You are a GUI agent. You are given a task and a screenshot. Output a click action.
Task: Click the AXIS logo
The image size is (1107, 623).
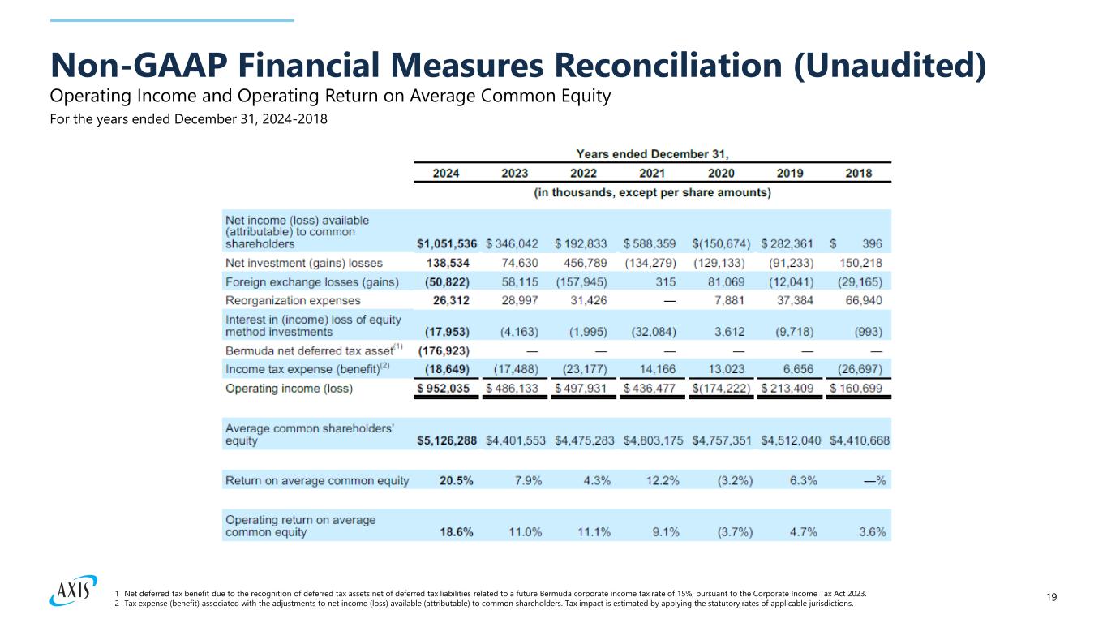pos(73,591)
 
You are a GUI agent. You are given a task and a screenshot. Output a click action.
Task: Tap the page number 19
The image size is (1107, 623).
pos(1052,598)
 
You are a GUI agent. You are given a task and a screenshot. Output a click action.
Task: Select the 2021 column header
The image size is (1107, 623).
pos(652,173)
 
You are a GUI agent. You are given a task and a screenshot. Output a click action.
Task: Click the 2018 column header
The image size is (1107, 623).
pos(858,173)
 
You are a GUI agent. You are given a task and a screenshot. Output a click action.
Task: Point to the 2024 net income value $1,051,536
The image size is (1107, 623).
pos(447,243)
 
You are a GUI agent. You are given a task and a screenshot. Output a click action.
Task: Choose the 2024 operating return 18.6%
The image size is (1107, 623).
pos(457,532)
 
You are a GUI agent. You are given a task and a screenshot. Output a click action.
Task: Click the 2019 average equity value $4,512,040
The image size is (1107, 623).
pos(791,440)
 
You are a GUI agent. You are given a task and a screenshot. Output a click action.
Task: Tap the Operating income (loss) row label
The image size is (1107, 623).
pos(289,389)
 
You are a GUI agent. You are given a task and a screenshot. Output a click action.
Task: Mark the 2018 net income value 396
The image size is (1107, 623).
pos(873,243)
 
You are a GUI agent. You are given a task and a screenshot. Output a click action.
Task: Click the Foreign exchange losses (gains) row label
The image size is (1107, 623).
pos(311,281)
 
